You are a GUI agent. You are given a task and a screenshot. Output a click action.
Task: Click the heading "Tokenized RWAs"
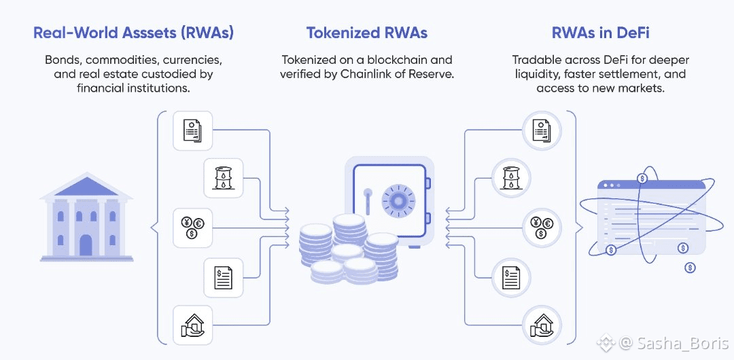366,33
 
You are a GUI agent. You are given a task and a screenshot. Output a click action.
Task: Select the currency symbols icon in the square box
194,226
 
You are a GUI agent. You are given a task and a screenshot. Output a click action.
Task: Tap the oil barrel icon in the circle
511,178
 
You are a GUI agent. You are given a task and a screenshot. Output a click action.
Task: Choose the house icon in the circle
541,324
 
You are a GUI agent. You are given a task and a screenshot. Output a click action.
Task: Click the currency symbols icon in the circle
541,226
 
